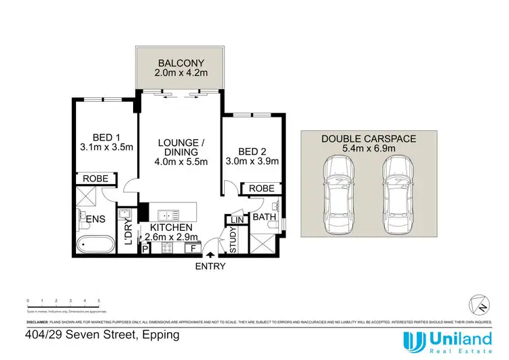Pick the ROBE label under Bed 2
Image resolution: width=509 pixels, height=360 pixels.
point(262,188)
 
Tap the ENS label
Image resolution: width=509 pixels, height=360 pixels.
point(94,218)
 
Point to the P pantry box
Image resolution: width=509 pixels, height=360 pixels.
point(145,249)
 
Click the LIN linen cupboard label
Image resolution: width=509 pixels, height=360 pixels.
point(236,221)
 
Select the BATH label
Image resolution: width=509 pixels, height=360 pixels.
point(262,218)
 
